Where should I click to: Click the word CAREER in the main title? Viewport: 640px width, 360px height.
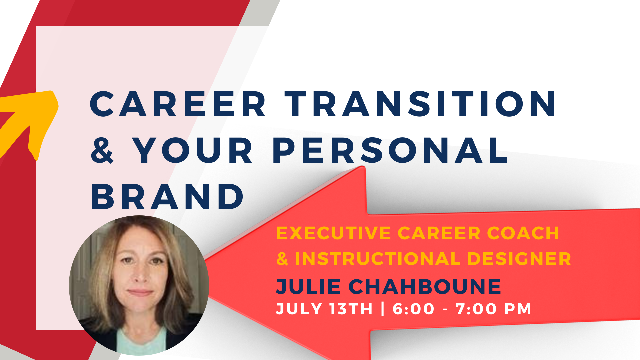[178, 104]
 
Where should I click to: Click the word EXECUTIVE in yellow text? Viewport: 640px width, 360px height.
[334, 233]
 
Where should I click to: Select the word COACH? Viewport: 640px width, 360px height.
[523, 233]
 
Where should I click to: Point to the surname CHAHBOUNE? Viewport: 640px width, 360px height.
[425, 287]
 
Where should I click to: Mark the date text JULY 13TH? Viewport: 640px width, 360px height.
[324, 309]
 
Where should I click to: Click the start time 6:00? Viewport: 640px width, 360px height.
[414, 309]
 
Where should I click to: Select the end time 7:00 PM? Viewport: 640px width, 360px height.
[493, 309]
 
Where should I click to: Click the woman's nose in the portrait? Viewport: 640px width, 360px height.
[140, 275]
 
